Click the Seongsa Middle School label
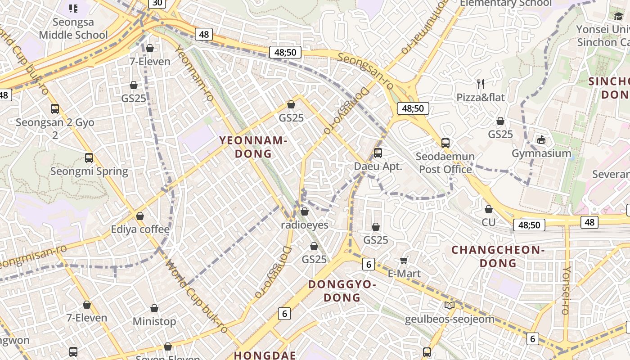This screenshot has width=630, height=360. [x=73, y=28]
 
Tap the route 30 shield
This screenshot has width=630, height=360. [x=157, y=3]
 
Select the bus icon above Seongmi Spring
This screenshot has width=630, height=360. [x=89, y=158]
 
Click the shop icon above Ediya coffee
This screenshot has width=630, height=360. [x=140, y=216]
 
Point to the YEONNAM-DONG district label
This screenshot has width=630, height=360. [x=253, y=147]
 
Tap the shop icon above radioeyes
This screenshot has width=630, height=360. [x=305, y=211]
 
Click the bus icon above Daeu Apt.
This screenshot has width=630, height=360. [x=378, y=153]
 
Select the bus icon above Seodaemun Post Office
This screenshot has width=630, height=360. [x=445, y=143]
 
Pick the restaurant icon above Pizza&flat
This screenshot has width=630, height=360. [x=481, y=84]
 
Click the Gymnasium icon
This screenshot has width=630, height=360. [x=541, y=139]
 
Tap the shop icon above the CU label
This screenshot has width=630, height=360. [x=489, y=209]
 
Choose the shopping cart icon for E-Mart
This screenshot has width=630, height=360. [x=404, y=260]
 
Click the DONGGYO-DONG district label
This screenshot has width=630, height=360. [x=342, y=291]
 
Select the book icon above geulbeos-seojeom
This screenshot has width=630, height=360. [x=450, y=305]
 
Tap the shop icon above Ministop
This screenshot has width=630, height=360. [x=154, y=308]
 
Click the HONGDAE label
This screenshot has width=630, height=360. [x=265, y=355]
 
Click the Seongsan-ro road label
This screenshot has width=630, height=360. [x=365, y=71]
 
